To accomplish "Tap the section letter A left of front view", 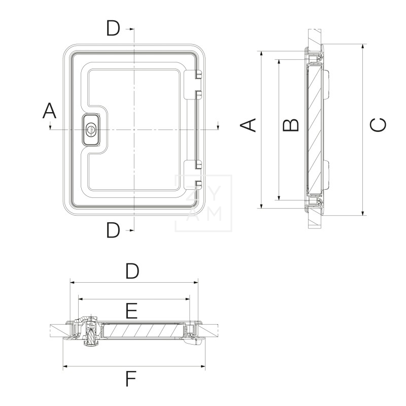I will pos(49,111).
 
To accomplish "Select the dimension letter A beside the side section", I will pos(248,125).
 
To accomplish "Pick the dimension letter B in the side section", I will pos(290,125).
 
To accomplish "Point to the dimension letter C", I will pos(378,125).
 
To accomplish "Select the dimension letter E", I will pos(131,310).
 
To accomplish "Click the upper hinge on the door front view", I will pos(197,84).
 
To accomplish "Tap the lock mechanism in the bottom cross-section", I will pos(90,332).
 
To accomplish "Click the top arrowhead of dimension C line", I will pos(363,46).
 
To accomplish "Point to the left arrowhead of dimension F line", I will pos(64,366).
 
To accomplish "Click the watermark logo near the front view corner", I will pos(204,203).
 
